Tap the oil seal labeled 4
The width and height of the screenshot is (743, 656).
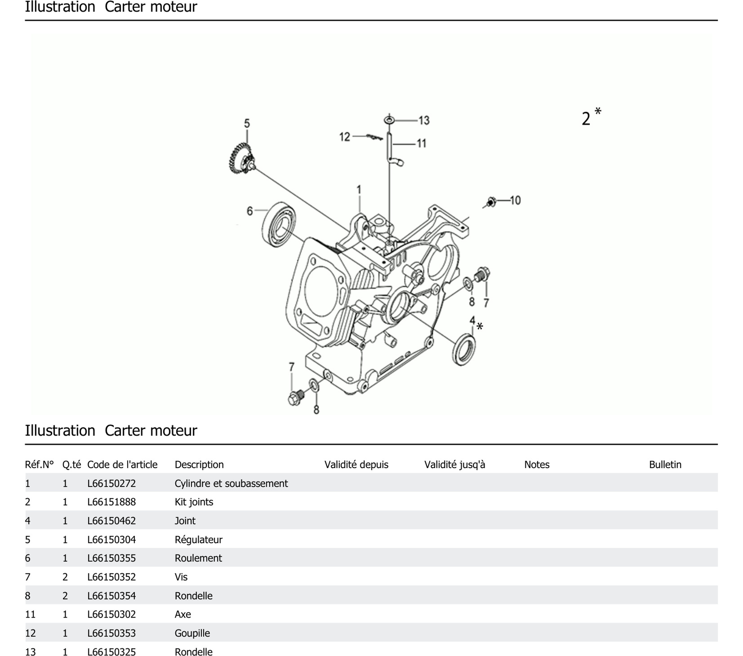(464, 349)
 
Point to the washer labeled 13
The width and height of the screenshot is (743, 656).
(389, 120)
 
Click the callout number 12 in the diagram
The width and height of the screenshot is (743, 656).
(344, 137)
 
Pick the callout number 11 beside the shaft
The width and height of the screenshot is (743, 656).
(421, 144)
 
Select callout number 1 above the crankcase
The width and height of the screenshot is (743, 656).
(359, 190)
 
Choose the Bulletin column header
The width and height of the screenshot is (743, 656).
(665, 464)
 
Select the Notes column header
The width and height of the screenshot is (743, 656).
(536, 464)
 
